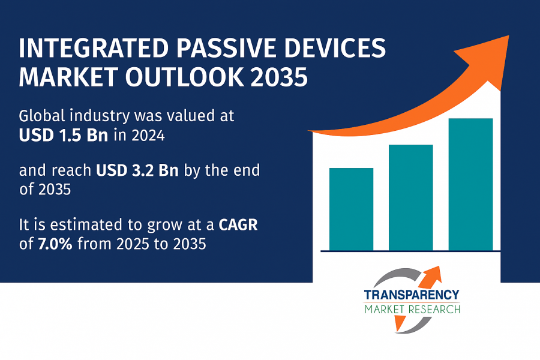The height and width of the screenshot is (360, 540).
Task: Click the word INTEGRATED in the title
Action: coord(94,48)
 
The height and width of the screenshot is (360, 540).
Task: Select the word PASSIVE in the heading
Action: coord(227,48)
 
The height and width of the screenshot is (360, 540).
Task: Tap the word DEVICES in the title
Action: coord(335,48)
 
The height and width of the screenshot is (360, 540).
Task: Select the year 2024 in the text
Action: coord(148,136)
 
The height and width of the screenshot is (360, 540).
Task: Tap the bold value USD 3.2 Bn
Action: coord(137,170)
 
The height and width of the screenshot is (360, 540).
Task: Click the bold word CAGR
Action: coord(238,225)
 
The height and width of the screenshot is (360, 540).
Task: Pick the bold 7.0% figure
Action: coord(55,244)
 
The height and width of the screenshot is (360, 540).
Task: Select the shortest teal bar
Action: coord(351,209)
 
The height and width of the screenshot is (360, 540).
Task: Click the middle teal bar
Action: coord(411,197)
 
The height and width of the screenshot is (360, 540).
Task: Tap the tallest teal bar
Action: coord(471,184)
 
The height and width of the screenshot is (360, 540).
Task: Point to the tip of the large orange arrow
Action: coord(509,35)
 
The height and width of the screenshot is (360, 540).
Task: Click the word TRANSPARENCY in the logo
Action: coord(412,295)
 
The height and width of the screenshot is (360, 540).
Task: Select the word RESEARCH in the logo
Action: coord(437,310)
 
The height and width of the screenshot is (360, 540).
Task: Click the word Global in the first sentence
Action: coord(42,116)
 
